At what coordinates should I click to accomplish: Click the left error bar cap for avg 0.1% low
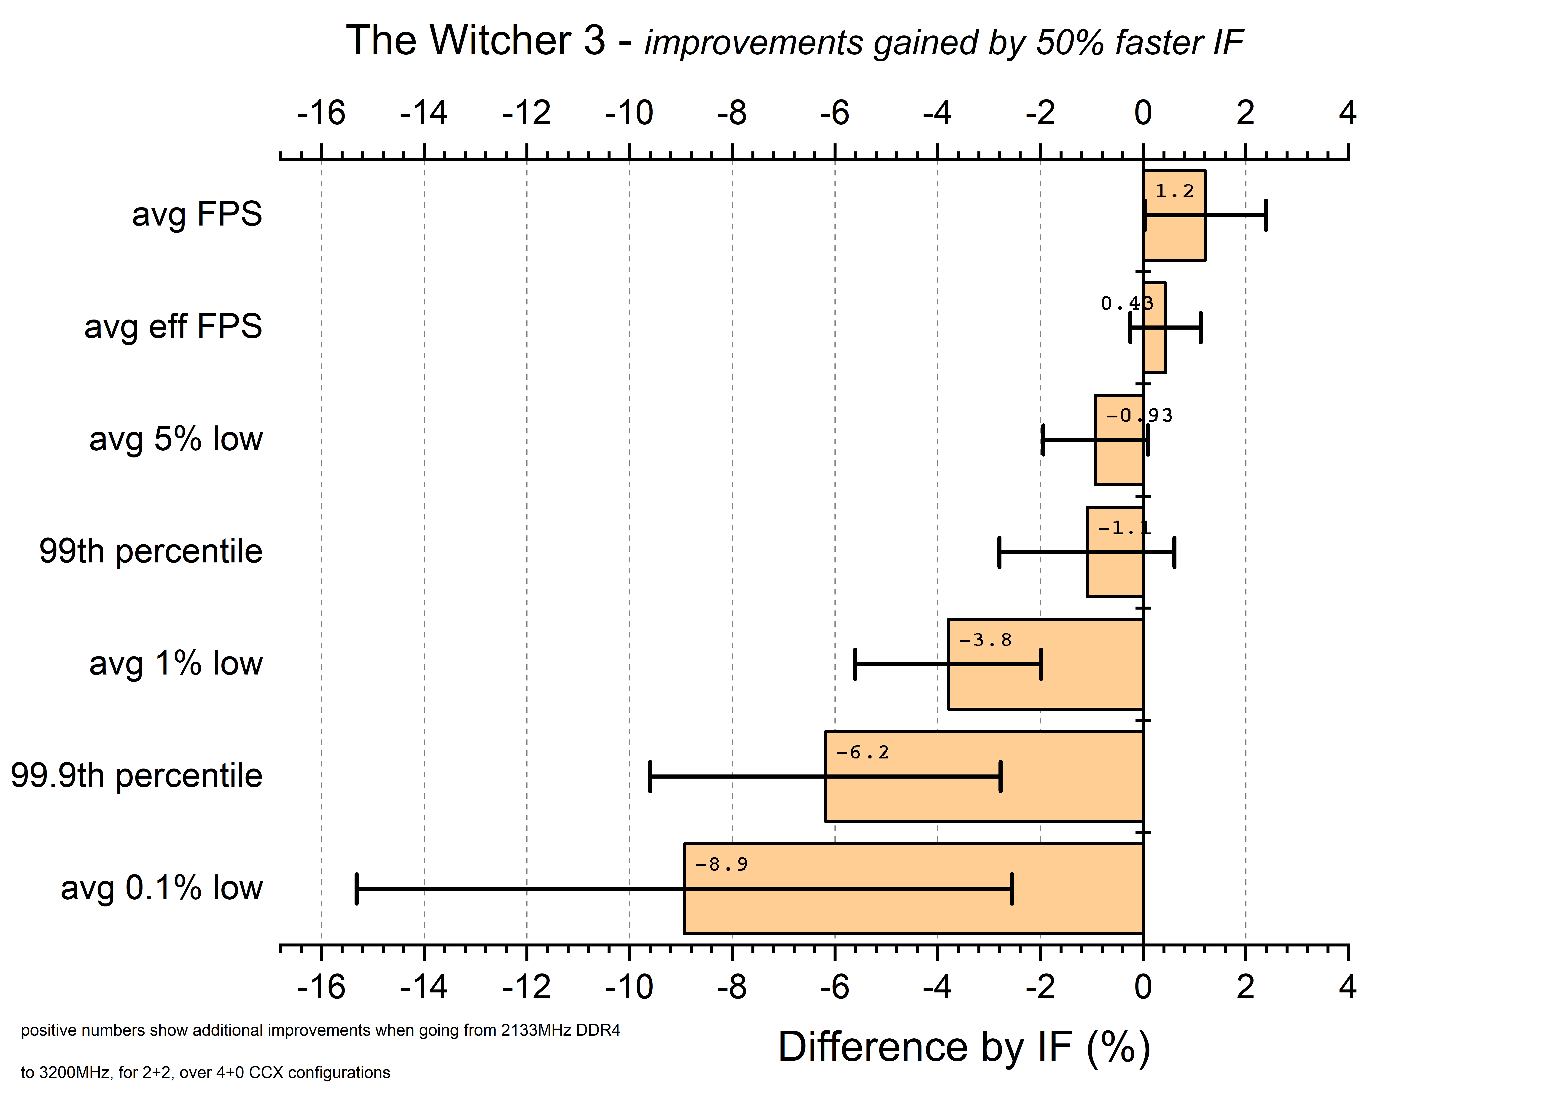point(357,889)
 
